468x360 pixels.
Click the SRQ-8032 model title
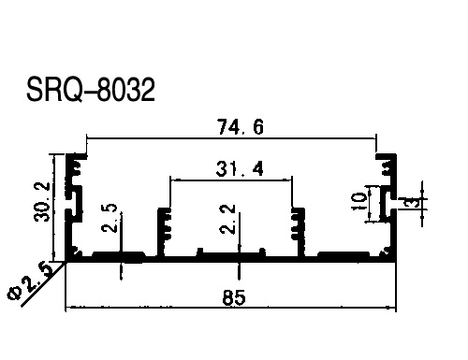[91, 90]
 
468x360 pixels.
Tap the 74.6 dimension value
[241, 127]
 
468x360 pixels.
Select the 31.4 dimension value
[240, 168]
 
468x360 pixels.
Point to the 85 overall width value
[234, 297]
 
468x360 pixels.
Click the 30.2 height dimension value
[42, 202]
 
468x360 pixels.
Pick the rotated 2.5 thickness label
[110, 218]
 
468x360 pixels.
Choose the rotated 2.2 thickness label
[227, 219]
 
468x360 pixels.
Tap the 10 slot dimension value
[358, 201]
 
